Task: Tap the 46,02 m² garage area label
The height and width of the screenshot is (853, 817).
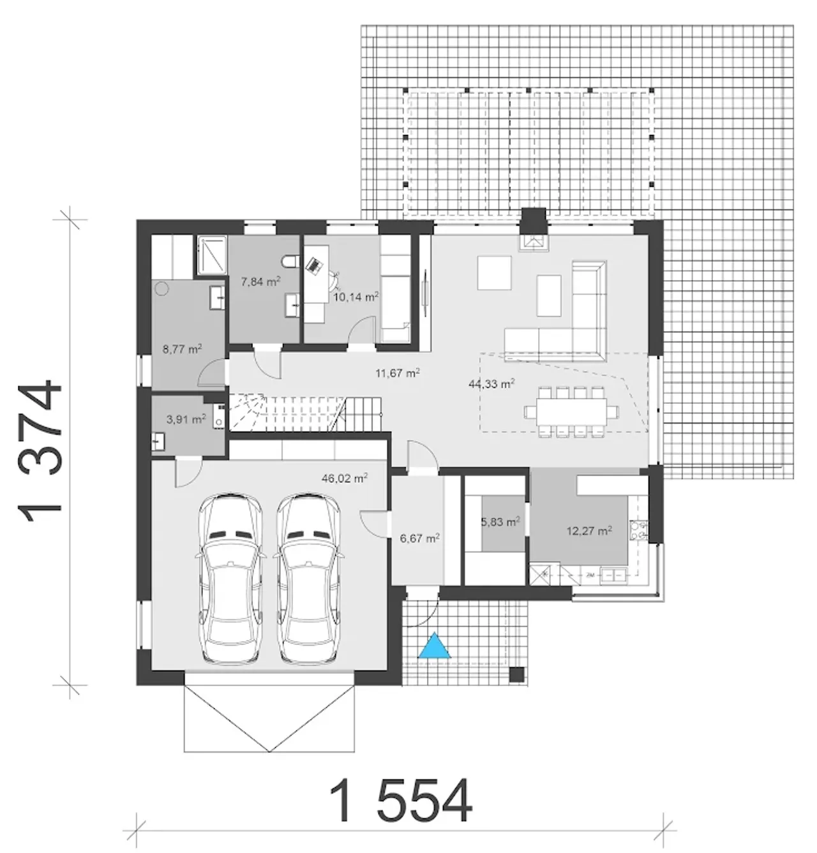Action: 345,478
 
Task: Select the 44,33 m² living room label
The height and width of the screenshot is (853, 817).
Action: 491,383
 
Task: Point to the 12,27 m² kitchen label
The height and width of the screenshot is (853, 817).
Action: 589,531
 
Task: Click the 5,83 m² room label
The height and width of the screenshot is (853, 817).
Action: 500,522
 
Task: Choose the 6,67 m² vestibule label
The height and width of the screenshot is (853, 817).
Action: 420,538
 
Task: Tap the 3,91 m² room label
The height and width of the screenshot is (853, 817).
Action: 186,419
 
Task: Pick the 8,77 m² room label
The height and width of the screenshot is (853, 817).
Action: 182,349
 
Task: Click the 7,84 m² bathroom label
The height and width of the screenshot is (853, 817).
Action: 260,281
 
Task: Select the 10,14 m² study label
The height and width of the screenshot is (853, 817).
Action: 356,297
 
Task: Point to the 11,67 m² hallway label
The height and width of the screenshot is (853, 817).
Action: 397,373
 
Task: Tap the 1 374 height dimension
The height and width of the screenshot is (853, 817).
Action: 40,452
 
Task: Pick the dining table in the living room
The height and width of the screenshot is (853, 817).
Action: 571,412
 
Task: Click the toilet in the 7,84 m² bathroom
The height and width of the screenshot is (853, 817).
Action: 290,262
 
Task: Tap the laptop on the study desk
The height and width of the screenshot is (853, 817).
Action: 314,265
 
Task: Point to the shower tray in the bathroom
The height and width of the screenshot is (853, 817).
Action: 212,255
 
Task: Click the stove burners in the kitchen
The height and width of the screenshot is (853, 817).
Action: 638,530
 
